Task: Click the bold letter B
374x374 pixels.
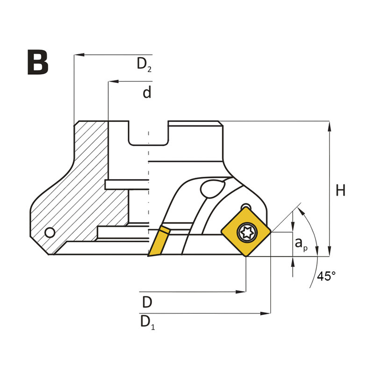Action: [37, 62]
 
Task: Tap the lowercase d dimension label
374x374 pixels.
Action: [147, 93]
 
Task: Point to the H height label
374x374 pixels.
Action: [341, 190]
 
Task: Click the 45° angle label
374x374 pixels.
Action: [326, 276]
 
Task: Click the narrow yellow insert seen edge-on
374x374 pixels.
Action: [158, 241]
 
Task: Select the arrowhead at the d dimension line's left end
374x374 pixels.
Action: [112, 82]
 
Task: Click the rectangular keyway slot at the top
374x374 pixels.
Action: [148, 133]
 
